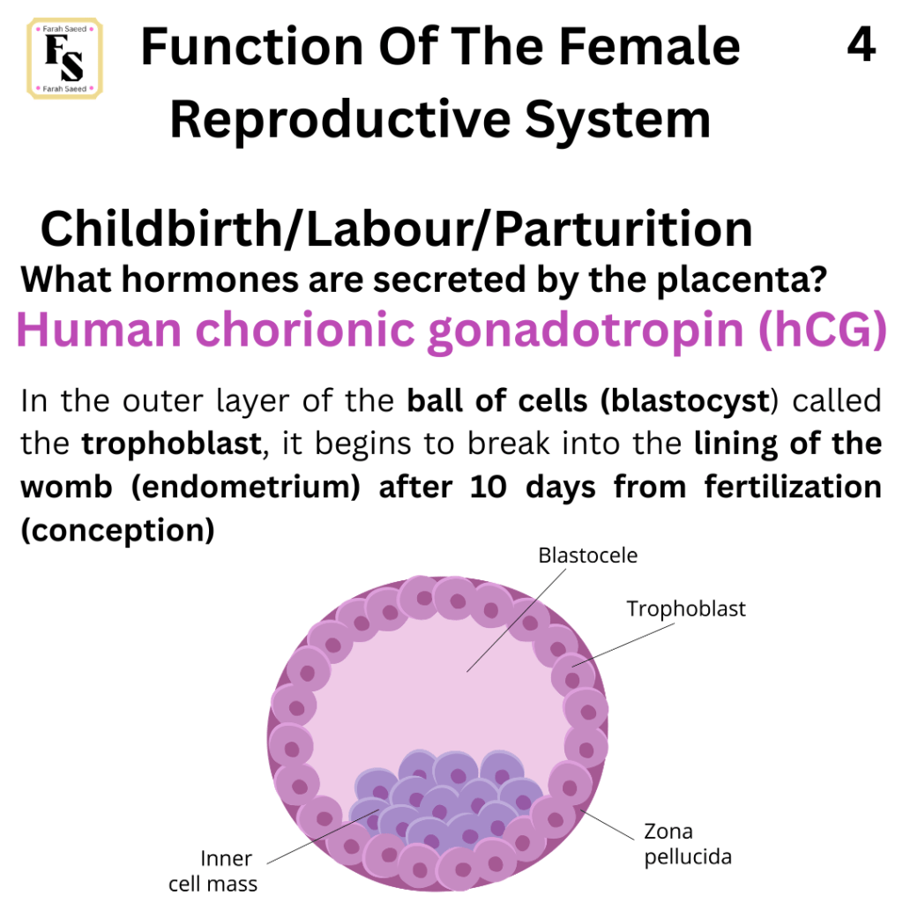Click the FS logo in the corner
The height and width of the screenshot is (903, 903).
point(64,58)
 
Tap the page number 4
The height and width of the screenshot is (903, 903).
point(861,45)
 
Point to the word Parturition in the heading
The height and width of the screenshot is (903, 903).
point(623,228)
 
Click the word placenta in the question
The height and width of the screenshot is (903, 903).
point(742,280)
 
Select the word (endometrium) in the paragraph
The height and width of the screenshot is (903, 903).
point(246,487)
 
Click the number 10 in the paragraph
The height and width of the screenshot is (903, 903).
point(488,487)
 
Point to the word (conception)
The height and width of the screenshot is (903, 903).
point(117,530)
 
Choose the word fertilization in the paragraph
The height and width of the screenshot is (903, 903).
point(793,487)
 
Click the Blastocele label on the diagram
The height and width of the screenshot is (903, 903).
point(588,556)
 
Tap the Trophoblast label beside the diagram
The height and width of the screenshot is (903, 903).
point(686,608)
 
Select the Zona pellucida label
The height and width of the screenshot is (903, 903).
point(688,844)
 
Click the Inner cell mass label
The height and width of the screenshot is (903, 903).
point(213,870)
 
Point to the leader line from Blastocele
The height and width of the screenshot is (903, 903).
point(516,620)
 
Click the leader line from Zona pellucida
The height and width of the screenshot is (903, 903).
point(607,825)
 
